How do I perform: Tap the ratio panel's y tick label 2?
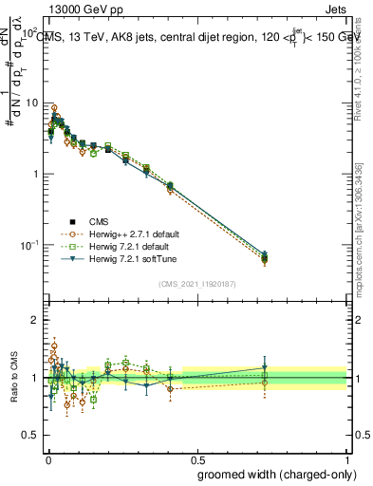tap(36, 320)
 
